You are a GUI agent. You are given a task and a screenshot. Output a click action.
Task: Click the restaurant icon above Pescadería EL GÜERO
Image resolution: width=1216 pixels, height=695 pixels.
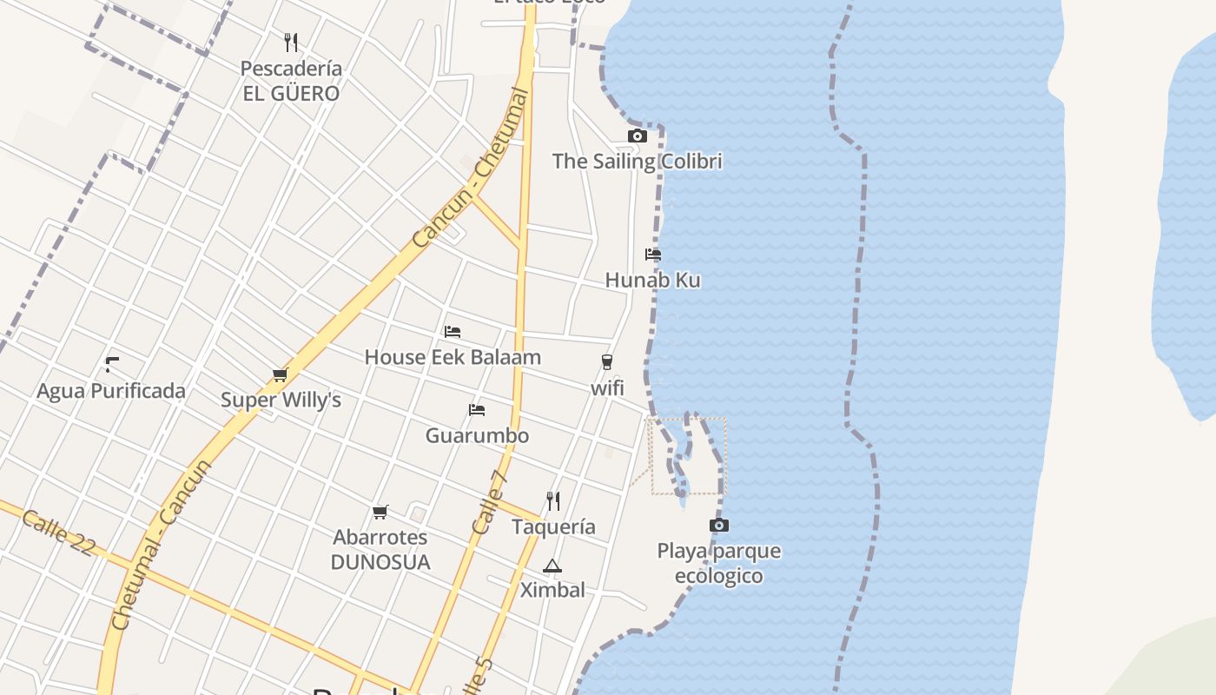click(291, 42)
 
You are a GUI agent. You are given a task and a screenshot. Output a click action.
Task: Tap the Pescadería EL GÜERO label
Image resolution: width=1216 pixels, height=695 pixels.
click(291, 81)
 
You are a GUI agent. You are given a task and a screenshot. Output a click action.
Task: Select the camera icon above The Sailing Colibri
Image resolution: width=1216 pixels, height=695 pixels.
click(638, 136)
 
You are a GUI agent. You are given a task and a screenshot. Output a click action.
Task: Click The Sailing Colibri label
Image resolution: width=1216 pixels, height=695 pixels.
click(638, 161)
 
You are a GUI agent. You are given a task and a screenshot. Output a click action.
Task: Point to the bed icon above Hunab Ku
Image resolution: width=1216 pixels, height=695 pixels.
click(653, 255)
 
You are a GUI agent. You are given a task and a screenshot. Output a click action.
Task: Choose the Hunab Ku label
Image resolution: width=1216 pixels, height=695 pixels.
click(653, 280)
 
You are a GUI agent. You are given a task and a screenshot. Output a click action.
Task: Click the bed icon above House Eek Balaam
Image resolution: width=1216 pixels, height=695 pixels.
click(452, 332)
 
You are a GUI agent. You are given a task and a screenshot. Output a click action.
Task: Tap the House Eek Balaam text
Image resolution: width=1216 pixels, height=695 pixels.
click(453, 357)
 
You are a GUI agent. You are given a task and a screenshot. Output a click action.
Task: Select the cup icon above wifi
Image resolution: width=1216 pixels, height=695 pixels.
click(607, 362)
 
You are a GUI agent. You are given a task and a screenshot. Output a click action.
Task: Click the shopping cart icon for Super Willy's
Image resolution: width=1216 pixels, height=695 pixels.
click(280, 375)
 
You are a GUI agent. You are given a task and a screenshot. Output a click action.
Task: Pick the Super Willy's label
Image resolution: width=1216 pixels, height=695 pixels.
click(281, 400)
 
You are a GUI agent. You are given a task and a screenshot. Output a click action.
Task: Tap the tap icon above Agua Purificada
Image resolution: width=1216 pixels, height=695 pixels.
click(111, 365)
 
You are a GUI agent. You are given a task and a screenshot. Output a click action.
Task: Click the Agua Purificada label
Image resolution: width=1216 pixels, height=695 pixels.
click(111, 391)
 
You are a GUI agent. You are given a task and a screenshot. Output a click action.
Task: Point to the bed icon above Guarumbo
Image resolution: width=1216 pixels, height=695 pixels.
click(476, 410)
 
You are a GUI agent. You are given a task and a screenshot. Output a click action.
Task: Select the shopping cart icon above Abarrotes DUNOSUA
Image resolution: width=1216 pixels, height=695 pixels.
click(380, 512)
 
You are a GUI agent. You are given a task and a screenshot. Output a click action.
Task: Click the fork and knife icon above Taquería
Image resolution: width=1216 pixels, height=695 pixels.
click(553, 500)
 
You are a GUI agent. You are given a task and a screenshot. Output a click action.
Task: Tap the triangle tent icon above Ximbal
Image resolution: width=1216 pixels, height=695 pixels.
click(552, 566)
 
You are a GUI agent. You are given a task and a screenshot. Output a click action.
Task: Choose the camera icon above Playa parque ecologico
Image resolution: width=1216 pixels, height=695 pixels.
click(718, 525)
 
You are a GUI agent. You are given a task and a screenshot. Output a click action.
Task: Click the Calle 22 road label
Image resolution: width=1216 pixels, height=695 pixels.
click(58, 533)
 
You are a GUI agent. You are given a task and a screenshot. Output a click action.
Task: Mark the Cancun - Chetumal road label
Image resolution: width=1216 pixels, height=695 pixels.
click(470, 168)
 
